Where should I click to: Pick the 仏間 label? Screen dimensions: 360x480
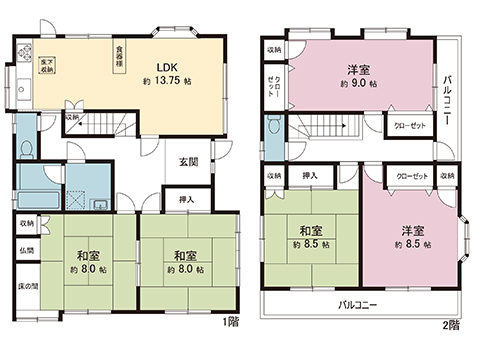28,250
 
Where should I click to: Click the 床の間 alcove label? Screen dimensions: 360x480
28,287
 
